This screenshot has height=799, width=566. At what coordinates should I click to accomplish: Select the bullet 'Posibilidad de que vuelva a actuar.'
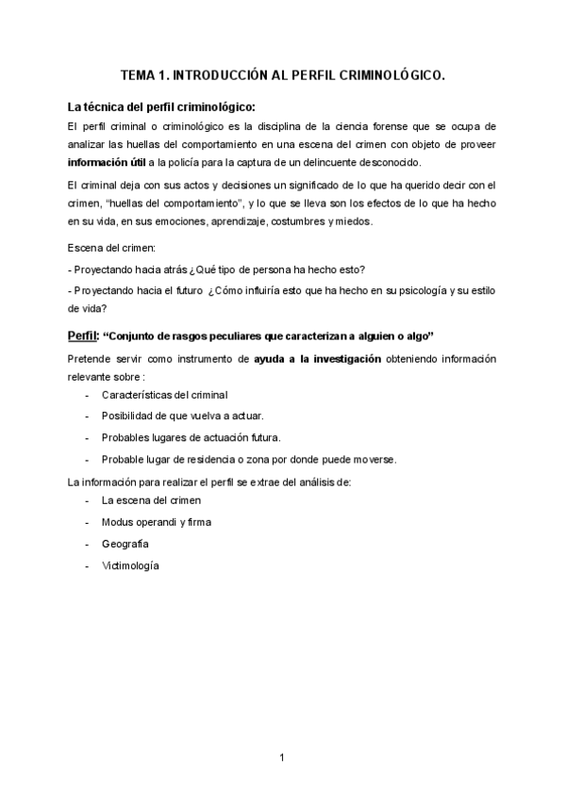click(x=182, y=416)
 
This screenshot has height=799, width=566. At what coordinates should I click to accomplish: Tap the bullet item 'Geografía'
click(x=125, y=544)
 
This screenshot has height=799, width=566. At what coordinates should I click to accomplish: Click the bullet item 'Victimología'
click(x=131, y=566)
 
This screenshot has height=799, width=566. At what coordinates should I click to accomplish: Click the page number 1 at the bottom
click(x=282, y=757)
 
